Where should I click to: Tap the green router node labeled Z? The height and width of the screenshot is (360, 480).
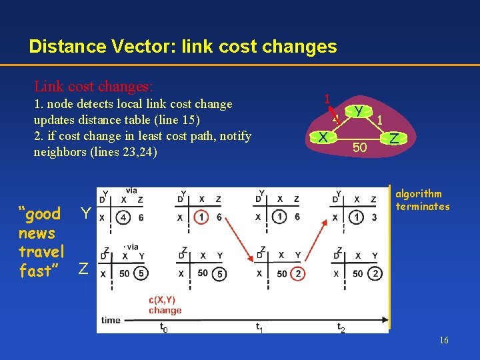(x=394, y=139)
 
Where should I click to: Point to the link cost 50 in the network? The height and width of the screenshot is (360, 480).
(x=359, y=147)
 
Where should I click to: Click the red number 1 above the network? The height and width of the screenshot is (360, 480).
(x=327, y=98)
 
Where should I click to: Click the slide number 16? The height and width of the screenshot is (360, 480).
(x=444, y=341)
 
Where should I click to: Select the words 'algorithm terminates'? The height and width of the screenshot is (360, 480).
(x=423, y=200)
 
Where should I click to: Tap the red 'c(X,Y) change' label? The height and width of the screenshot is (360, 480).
(x=165, y=305)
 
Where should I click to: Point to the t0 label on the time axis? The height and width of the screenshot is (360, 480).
(x=163, y=327)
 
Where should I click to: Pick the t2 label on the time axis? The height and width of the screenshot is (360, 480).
(x=341, y=327)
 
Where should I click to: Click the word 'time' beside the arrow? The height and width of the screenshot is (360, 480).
(x=111, y=321)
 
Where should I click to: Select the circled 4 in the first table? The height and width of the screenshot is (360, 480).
(x=123, y=217)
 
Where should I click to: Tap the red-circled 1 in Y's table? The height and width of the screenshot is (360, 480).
(x=200, y=217)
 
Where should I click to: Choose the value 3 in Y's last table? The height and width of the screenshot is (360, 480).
(x=375, y=217)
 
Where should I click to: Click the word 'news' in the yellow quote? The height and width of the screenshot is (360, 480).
(x=37, y=233)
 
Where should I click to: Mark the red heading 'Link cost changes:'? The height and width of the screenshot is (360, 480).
(x=93, y=87)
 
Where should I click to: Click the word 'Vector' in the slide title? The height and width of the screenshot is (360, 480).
(x=130, y=47)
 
